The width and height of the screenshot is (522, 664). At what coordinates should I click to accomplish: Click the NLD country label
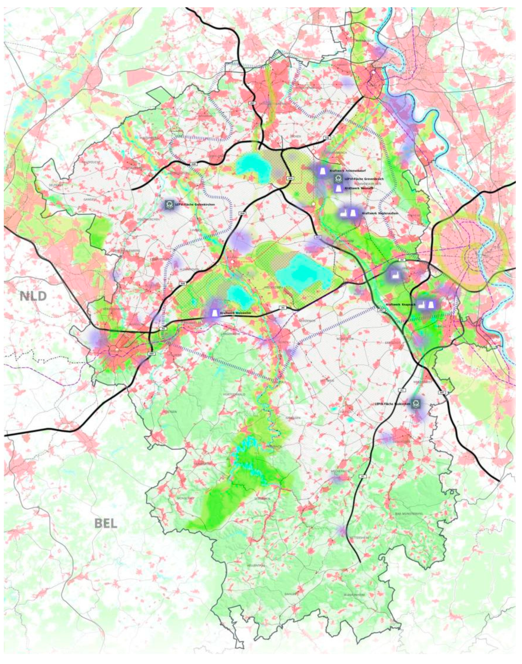click(33, 296)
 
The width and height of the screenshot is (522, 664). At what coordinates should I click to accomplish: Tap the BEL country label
click(106, 523)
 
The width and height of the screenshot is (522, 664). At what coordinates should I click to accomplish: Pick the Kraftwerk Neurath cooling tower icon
click(338, 188)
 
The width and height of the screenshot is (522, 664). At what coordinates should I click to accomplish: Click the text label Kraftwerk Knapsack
click(400, 305)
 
